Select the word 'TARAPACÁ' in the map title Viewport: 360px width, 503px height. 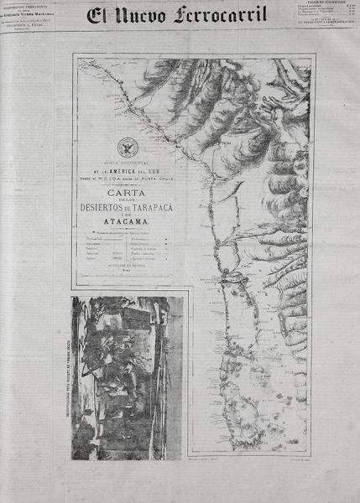[155, 207]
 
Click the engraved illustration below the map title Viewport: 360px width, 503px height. [126, 377]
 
